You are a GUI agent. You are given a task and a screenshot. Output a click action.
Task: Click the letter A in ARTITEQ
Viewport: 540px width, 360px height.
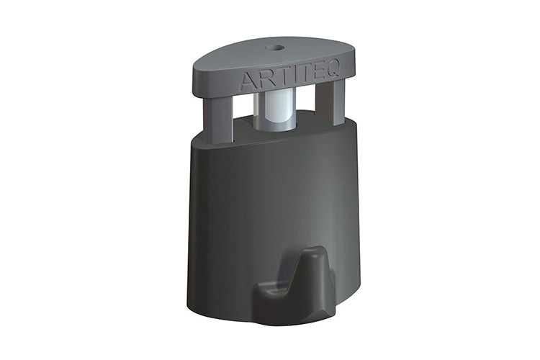click(247, 80)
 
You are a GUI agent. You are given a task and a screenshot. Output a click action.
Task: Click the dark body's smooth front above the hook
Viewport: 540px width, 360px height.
click(274, 194)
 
